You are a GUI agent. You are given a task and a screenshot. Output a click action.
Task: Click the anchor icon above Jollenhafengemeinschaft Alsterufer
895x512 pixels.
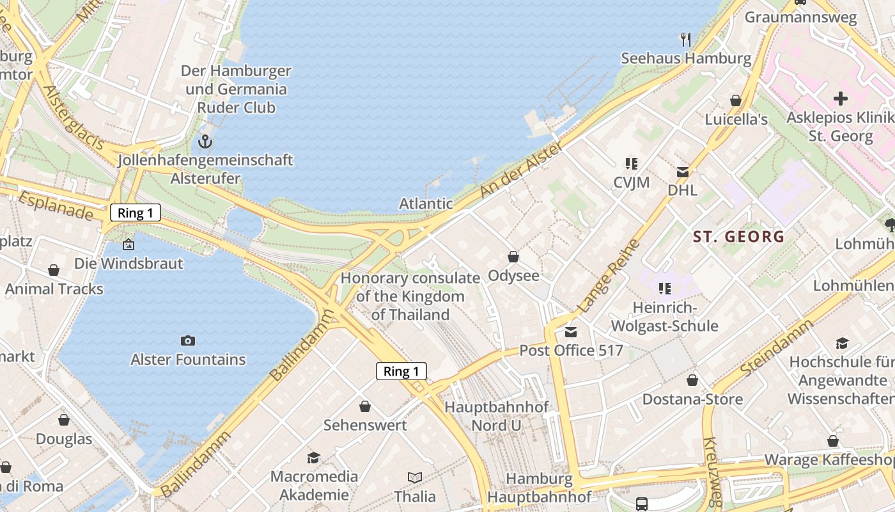tap(205, 141)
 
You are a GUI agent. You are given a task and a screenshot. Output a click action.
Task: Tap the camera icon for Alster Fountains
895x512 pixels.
tap(187, 340)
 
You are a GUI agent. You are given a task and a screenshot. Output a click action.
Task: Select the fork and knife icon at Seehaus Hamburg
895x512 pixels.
tap(686, 40)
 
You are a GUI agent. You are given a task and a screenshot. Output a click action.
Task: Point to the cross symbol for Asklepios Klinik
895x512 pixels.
tap(840, 99)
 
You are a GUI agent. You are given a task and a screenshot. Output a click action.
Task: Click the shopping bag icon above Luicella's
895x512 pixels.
tap(736, 100)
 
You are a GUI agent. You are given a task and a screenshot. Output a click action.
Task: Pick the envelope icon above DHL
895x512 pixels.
tap(682, 172)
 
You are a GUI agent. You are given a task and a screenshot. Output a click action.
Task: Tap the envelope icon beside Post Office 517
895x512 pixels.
tap(570, 332)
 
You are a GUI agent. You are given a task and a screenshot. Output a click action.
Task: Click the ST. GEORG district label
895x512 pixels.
tap(738, 237)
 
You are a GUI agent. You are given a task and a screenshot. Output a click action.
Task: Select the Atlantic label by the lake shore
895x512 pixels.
tap(426, 204)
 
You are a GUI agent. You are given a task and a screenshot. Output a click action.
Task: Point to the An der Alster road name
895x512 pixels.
tap(522, 170)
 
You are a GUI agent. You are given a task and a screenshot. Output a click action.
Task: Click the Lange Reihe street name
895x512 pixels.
tap(608, 276)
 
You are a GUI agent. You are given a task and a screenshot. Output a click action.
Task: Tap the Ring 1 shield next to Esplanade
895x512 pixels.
tap(136, 212)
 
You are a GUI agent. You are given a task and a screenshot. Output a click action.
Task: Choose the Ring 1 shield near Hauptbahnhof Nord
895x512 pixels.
tap(401, 371)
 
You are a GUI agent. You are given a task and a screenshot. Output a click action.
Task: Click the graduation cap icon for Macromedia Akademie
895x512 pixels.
tap(313, 458)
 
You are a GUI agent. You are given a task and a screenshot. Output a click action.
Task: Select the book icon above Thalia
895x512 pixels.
tap(415, 477)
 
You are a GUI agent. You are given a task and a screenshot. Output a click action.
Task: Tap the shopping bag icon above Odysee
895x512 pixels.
tap(513, 257)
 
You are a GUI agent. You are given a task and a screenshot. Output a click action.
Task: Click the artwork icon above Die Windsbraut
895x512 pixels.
tap(128, 244)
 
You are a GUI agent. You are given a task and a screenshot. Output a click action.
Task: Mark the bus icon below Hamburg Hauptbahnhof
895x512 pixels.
tap(641, 504)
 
